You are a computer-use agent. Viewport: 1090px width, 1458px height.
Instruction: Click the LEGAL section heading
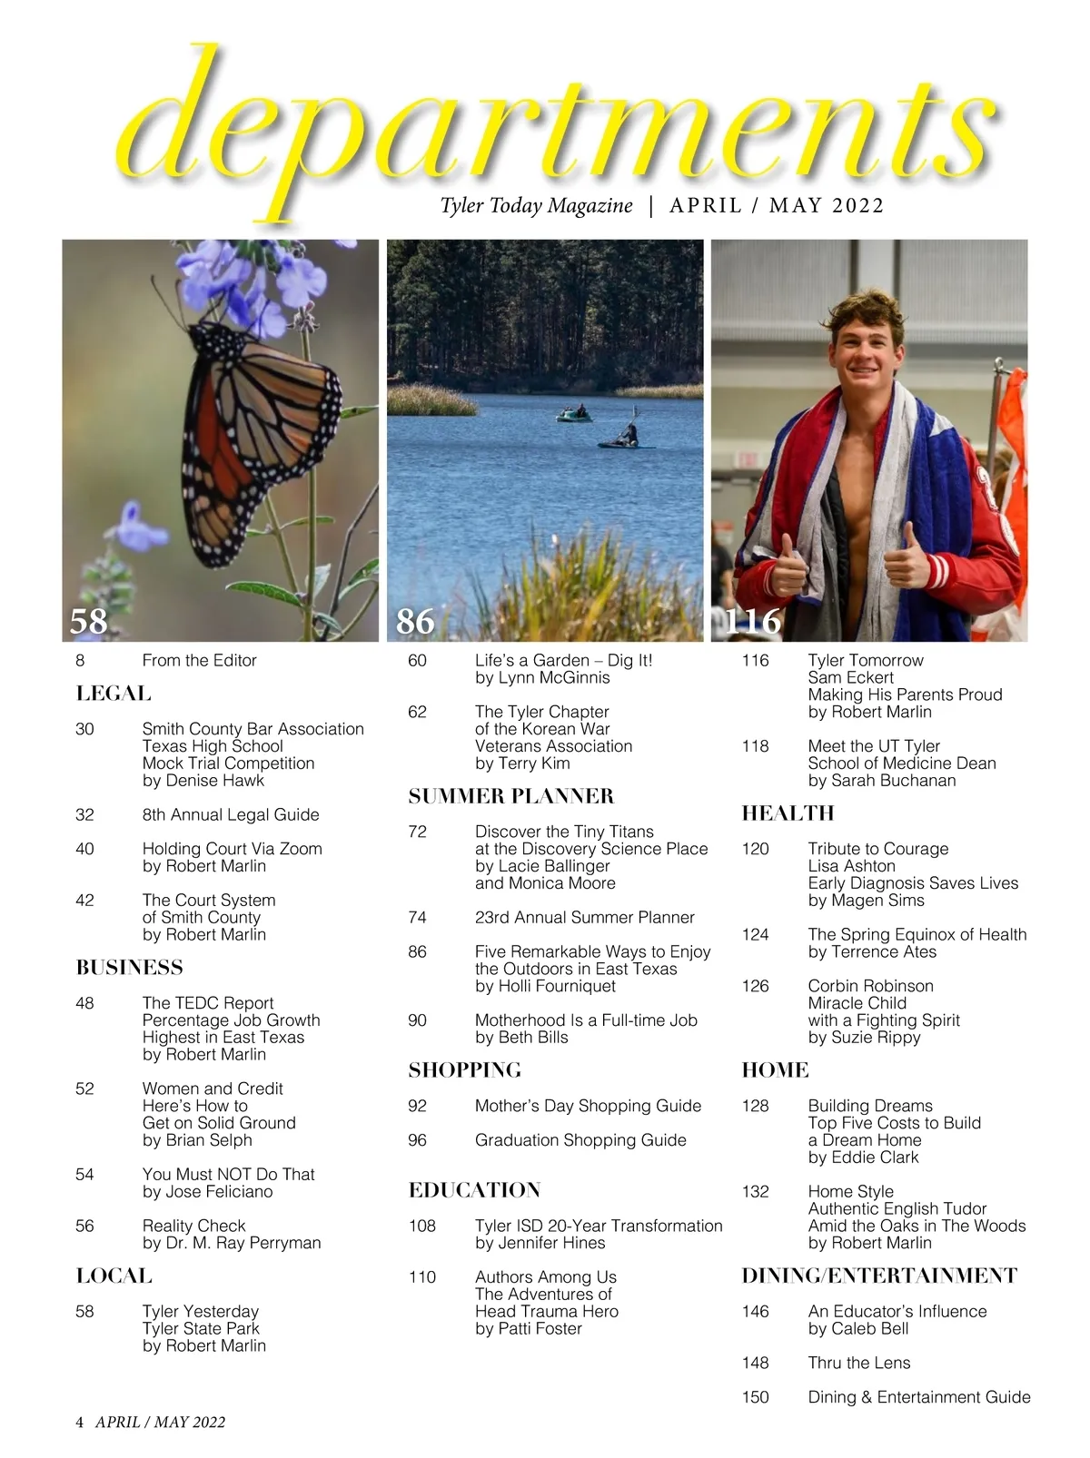pos(114,695)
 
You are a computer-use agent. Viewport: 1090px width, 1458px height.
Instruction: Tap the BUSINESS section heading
pos(130,968)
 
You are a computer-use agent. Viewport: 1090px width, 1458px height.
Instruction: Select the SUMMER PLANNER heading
pos(511,797)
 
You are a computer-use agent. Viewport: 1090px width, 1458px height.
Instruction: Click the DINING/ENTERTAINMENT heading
pos(879,1276)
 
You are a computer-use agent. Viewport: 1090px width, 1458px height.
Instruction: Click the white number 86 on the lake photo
pos(416,621)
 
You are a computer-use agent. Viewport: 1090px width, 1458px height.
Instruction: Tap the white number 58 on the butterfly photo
pos(89,621)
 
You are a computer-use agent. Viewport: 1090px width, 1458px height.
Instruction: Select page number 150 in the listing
pos(755,1397)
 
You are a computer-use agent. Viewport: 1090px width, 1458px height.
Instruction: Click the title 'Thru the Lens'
pos(858,1363)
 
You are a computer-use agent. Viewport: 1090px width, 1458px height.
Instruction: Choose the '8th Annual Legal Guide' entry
pos(231,815)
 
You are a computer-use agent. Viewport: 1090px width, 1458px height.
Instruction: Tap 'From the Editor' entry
pos(199,661)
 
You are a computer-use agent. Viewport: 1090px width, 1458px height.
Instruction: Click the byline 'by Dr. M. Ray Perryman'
pos(232,1243)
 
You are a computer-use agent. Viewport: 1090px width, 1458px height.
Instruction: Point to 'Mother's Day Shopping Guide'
pos(588,1106)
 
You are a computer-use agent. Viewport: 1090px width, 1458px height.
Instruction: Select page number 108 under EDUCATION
pos(422,1226)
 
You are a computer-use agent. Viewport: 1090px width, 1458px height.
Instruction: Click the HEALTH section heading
pos(788,813)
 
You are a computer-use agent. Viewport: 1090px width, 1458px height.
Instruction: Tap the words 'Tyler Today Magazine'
pos(536,206)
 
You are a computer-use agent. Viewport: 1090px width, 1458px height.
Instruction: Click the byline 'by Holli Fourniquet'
pos(545,986)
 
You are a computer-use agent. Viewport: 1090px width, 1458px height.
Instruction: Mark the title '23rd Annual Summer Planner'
pos(584,918)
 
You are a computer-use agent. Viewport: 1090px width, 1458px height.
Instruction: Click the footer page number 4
pos(80,1423)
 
